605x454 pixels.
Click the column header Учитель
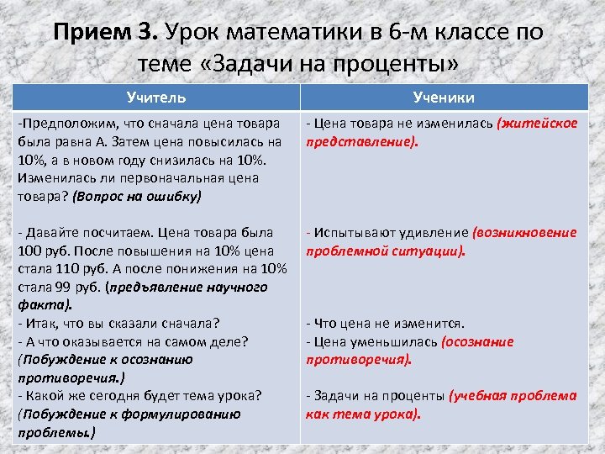tap(156, 98)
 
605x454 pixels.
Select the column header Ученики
tap(445, 98)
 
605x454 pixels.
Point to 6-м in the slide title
tap(416, 33)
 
